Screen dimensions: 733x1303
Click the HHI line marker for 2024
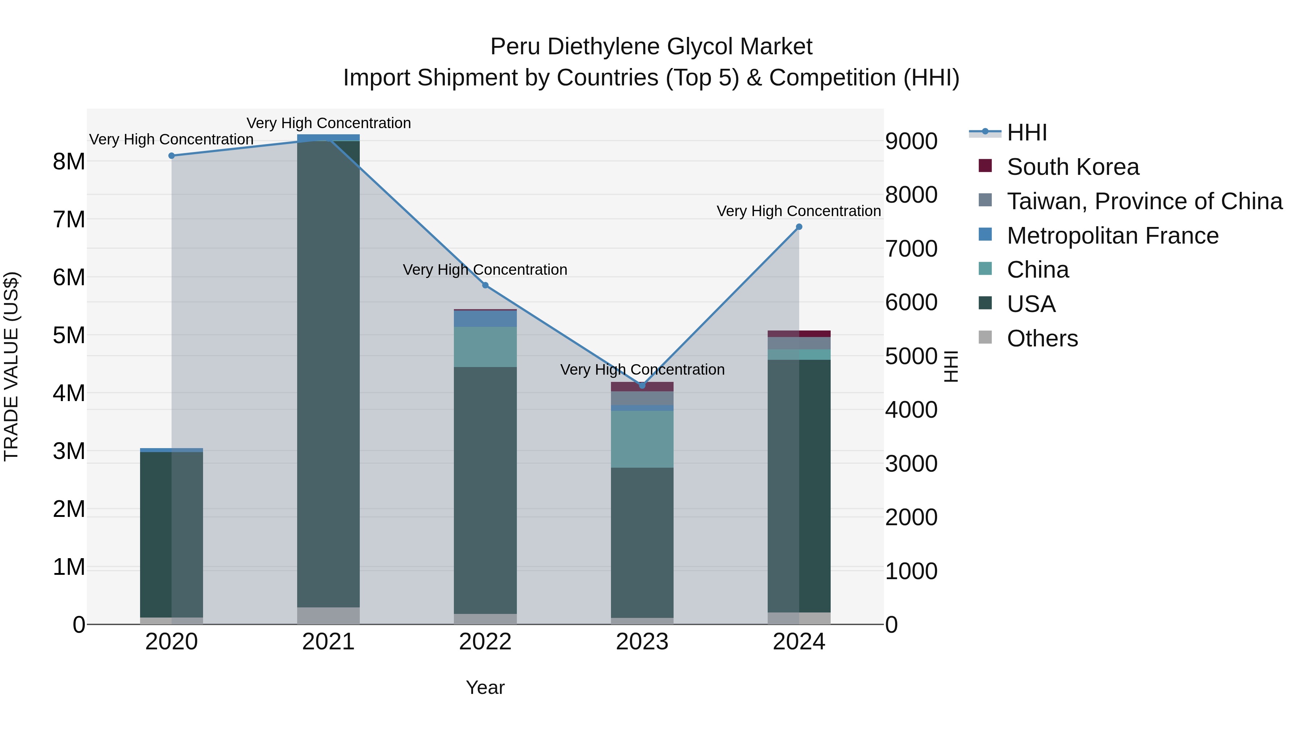tap(799, 227)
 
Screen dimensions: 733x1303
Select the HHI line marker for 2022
tap(485, 285)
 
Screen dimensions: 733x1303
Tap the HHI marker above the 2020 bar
tap(172, 156)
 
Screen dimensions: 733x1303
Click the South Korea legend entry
tap(1072, 167)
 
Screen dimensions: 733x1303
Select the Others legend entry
tap(1042, 338)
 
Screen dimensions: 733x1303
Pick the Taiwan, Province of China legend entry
tap(1144, 201)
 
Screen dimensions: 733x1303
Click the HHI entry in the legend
tap(1026, 132)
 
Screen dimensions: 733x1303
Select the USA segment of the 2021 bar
tap(328, 374)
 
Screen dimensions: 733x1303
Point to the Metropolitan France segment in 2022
tap(485, 319)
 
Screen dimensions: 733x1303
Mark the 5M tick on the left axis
tap(69, 335)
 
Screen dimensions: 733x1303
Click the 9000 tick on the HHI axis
tap(911, 141)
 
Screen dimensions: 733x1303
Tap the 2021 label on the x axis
tap(328, 642)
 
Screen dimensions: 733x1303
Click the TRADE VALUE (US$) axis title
tap(11, 366)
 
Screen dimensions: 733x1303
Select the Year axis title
tap(485, 687)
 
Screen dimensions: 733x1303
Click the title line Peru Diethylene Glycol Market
tap(651, 47)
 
